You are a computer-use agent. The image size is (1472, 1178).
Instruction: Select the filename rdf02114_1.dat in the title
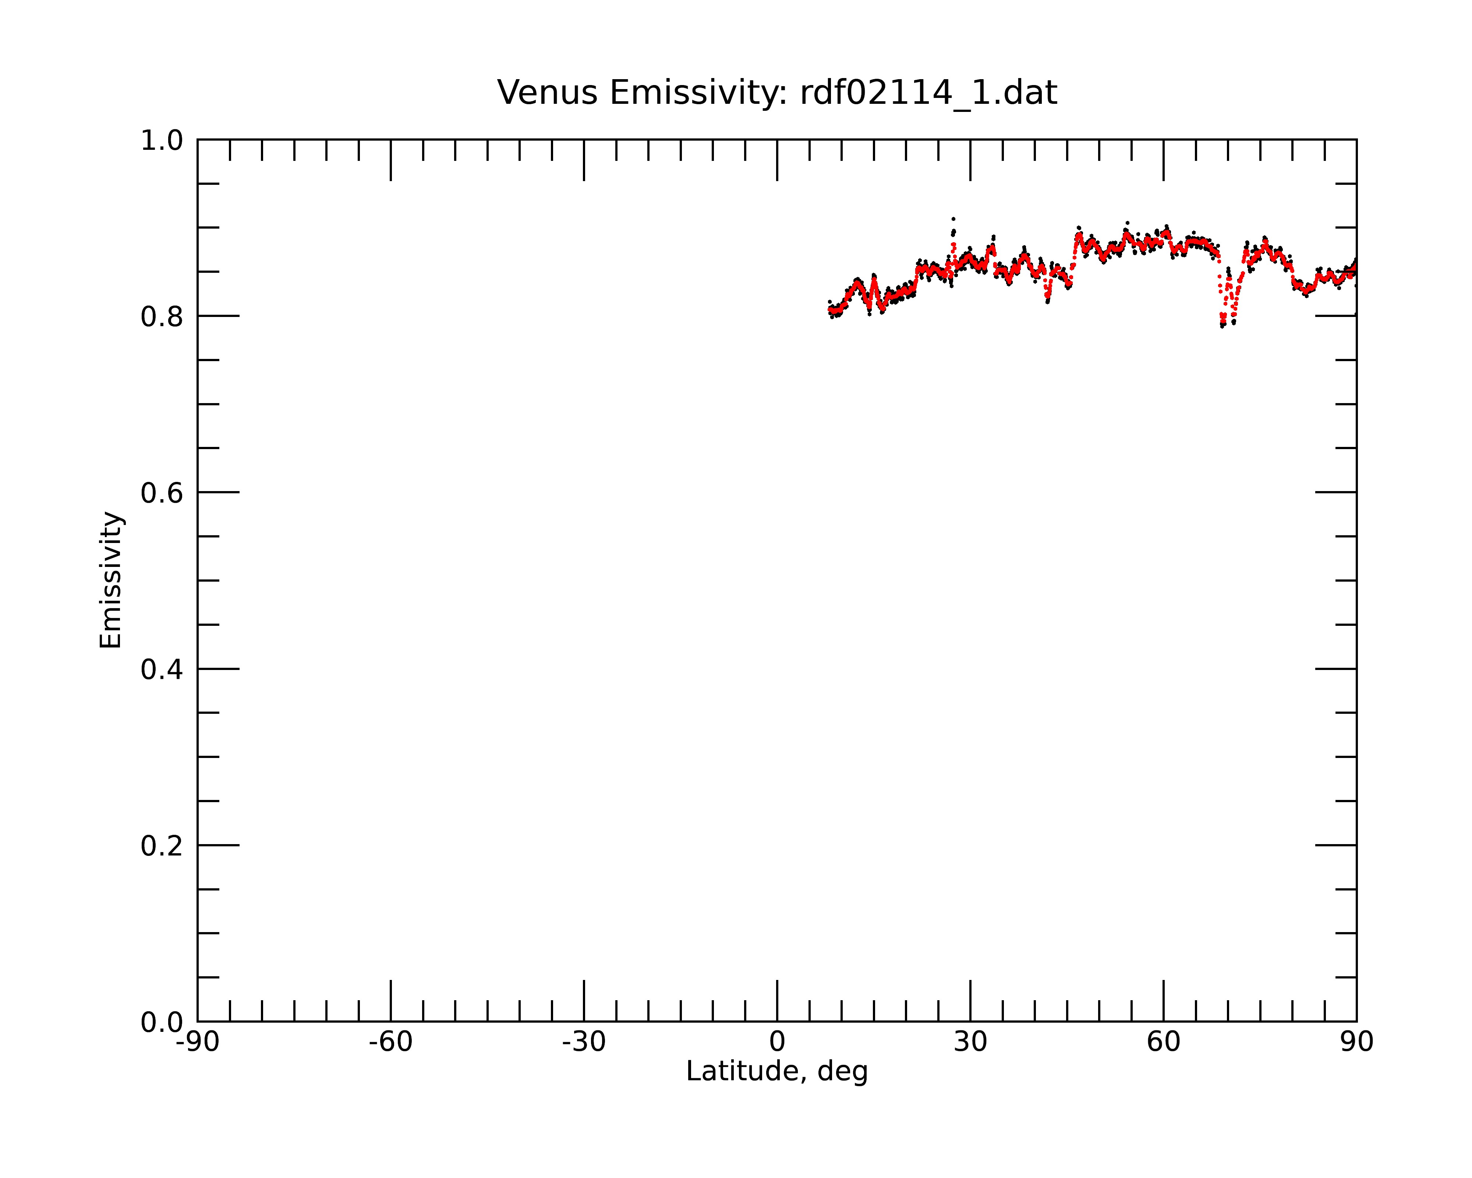(928, 93)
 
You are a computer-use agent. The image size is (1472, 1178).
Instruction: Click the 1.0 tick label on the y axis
(162, 141)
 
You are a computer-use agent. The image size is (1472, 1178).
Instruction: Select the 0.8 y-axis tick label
(162, 317)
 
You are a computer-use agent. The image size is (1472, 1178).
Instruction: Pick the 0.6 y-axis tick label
(162, 493)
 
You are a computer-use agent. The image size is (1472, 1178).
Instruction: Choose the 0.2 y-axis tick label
(162, 846)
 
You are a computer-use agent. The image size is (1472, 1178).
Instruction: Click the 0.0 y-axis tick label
(162, 1022)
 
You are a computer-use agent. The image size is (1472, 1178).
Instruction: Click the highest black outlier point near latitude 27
(953, 219)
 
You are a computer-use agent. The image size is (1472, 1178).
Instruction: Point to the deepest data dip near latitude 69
(1222, 326)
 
